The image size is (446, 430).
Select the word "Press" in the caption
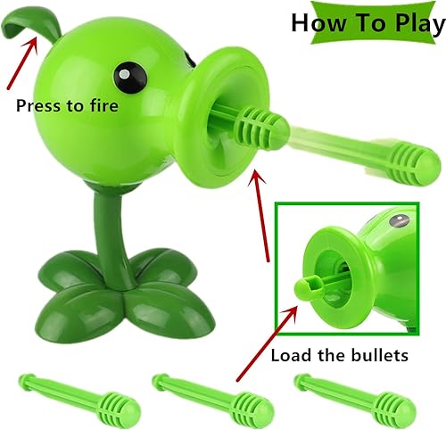point(38,104)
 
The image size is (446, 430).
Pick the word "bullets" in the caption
point(376,355)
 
